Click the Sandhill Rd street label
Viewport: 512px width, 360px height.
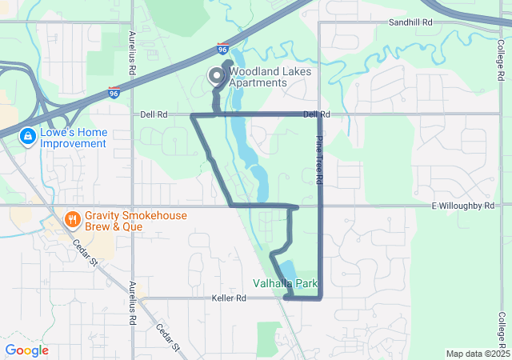point(410,23)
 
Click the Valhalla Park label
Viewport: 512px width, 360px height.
point(286,283)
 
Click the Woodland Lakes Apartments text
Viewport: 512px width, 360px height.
point(258,78)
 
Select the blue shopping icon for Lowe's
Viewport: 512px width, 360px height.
point(28,137)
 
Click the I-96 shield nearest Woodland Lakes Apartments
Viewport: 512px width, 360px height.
point(222,50)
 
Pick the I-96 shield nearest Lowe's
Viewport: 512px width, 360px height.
point(115,93)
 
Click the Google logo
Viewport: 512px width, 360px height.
point(26,350)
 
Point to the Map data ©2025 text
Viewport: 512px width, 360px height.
point(477,354)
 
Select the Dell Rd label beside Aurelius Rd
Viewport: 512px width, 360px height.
point(153,115)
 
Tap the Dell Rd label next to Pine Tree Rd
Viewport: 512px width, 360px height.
point(316,115)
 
